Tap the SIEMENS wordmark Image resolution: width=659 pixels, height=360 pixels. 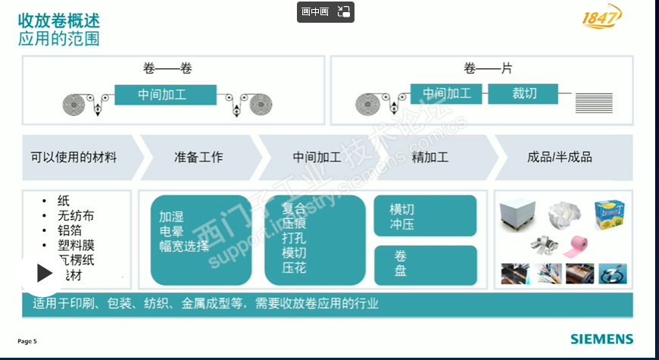point(601,339)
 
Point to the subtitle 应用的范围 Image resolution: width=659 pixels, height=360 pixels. point(58,38)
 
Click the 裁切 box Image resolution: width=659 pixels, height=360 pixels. point(524,94)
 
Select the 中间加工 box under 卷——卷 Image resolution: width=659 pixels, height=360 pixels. point(162,95)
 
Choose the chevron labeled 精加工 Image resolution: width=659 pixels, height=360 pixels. point(430,158)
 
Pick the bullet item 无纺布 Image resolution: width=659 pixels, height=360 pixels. point(76,216)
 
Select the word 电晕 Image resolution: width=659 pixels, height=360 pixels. point(171,230)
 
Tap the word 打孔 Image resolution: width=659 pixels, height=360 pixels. point(294,238)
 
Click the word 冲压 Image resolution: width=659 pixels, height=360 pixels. point(401,224)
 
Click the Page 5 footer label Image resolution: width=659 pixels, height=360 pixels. point(27,341)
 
